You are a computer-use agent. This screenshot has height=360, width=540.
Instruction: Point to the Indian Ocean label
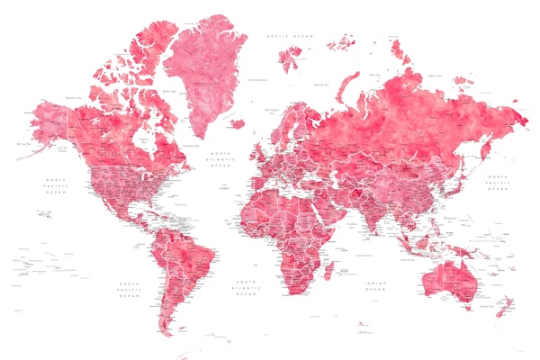tap(375, 286)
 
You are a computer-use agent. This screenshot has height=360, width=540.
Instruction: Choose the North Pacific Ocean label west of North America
tap(56, 186)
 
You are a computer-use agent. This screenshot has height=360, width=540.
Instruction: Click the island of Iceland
tap(237, 123)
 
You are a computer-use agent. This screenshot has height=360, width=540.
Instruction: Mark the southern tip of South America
tap(168, 330)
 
